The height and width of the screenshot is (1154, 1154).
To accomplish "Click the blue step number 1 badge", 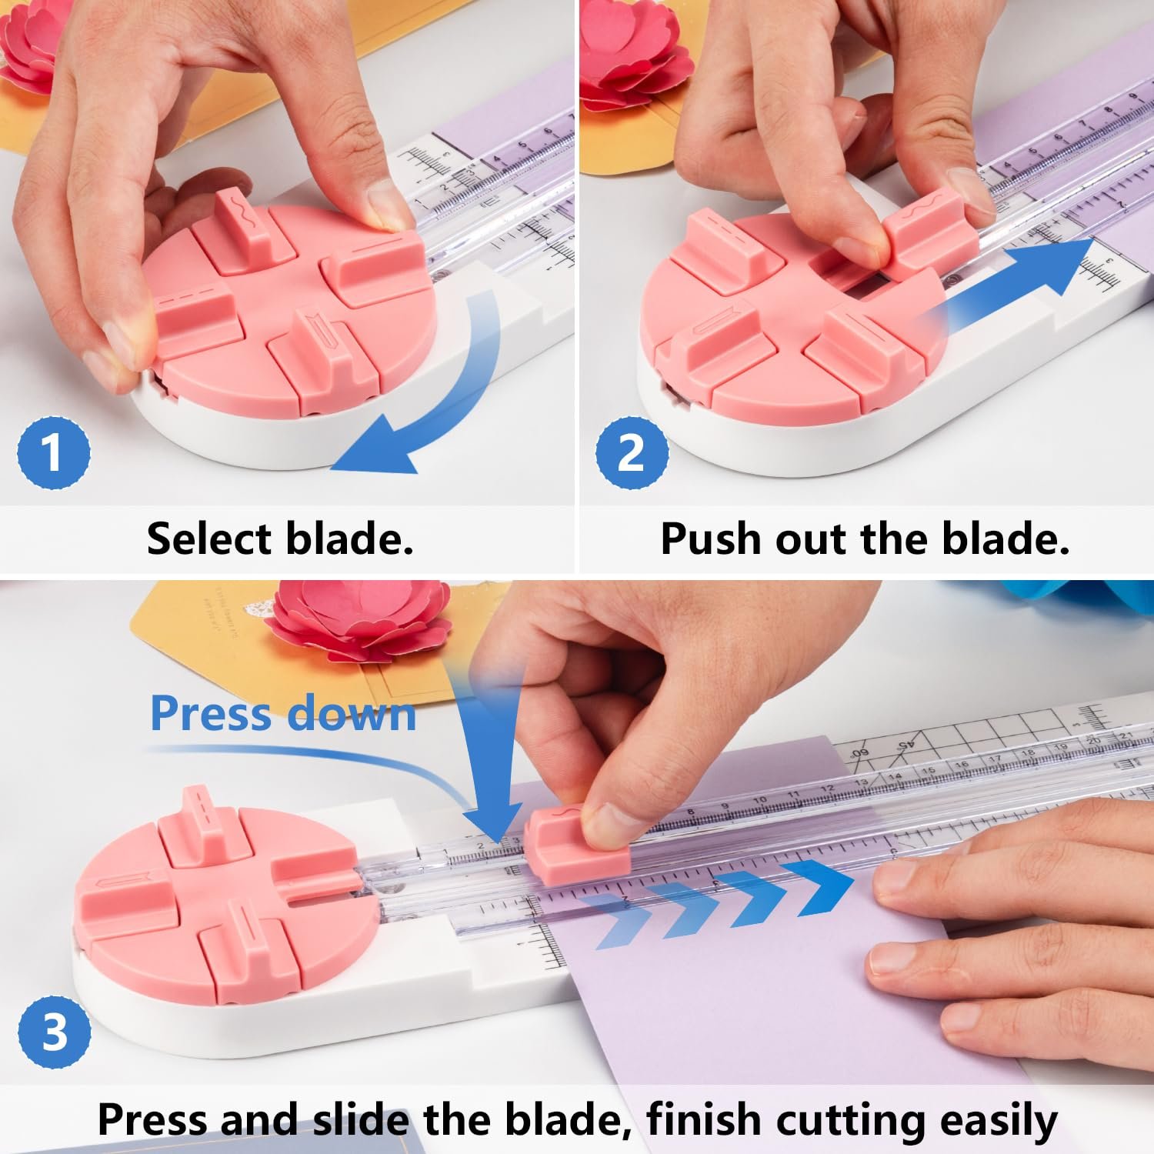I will [x=53, y=452].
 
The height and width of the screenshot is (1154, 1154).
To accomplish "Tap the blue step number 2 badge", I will [x=631, y=452].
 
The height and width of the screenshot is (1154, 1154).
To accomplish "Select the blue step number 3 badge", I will [x=54, y=1031].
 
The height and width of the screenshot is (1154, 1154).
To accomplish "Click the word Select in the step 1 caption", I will [x=211, y=539].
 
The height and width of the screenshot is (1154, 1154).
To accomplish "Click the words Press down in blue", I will [x=282, y=713].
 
